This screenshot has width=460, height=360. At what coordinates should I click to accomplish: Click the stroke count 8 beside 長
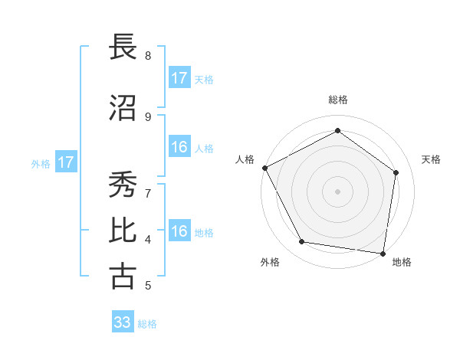148,55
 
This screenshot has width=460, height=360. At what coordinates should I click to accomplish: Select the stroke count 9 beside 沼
148,116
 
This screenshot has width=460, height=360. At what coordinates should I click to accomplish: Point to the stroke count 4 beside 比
148,239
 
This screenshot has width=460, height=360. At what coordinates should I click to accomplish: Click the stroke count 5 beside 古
148,286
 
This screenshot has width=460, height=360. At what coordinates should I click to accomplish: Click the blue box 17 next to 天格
179,78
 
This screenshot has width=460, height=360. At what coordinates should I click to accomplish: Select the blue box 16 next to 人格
179,147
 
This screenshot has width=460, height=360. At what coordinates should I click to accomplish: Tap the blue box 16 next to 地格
179,231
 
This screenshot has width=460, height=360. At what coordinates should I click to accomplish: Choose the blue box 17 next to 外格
66,162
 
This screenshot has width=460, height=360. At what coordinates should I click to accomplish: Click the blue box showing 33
123,322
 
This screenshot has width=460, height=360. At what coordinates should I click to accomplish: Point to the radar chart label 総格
337,100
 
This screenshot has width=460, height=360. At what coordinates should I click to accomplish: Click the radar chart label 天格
432,159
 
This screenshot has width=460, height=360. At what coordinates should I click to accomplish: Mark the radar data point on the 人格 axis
264,168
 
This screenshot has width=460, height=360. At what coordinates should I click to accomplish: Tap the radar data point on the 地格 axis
383,253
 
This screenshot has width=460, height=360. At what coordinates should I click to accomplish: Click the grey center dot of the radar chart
337,191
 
